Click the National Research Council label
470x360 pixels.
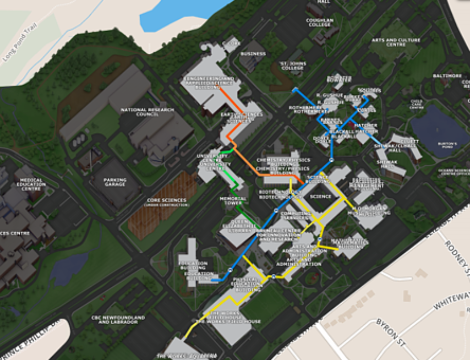pos(147,112)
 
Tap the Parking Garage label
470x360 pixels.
pos(115,182)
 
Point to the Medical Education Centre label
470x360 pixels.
pos(31,183)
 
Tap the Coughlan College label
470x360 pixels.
pos(320,23)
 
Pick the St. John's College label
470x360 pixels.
pos(293,65)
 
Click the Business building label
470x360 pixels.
pos(253,54)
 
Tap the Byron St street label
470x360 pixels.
pos(390,331)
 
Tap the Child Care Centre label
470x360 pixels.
pos(416,104)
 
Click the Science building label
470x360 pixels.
pos(321,196)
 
